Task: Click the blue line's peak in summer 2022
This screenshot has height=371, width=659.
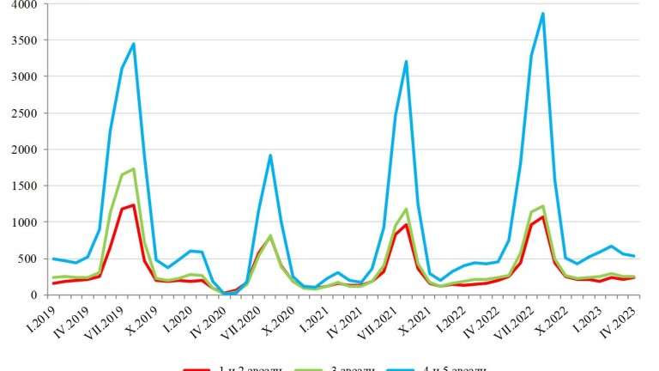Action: click(x=542, y=14)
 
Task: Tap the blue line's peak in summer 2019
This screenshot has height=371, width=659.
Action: click(x=133, y=44)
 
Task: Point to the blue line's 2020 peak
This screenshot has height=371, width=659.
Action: click(x=269, y=155)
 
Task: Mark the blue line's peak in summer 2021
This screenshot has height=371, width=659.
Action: click(x=406, y=61)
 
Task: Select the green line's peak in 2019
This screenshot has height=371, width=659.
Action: click(x=133, y=168)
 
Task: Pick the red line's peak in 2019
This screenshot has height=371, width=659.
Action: click(x=133, y=204)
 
